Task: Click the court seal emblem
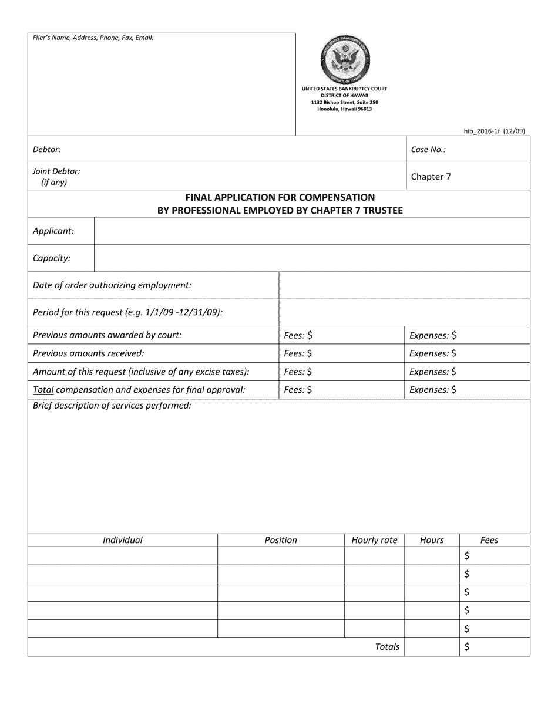click(x=345, y=60)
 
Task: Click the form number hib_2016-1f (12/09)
click(x=494, y=131)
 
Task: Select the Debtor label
click(x=47, y=150)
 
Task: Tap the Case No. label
click(x=428, y=150)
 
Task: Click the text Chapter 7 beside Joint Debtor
click(x=431, y=177)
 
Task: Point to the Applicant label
click(x=53, y=231)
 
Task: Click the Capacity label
click(x=52, y=258)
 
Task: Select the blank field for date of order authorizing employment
click(x=404, y=285)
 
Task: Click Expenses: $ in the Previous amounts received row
click(x=433, y=353)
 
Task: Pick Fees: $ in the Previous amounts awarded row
click(x=298, y=335)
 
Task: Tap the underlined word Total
click(x=43, y=390)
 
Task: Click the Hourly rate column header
click(x=374, y=540)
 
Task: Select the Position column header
click(x=281, y=540)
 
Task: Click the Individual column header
click(x=123, y=540)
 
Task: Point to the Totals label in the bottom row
click(x=387, y=647)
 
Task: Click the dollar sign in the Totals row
click(x=467, y=647)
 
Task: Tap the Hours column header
click(x=432, y=540)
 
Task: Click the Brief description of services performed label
click(x=112, y=406)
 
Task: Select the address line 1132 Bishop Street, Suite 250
click(x=345, y=102)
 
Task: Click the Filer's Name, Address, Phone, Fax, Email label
click(x=93, y=38)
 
